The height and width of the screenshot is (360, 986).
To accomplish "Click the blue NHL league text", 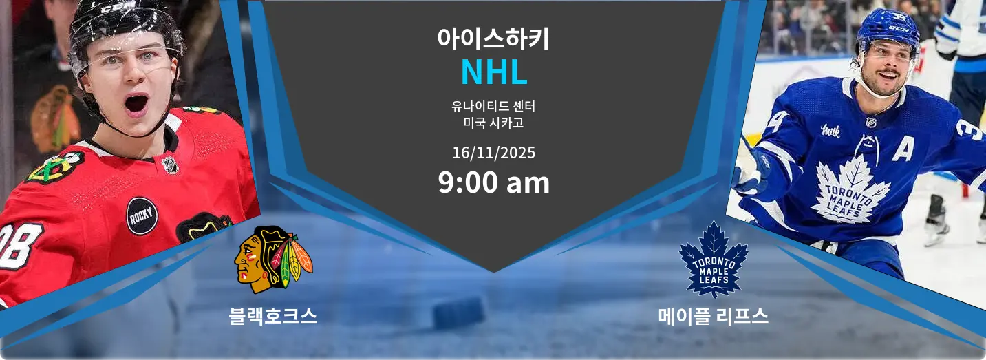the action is click(x=493, y=72).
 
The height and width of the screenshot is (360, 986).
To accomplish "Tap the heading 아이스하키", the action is click(x=493, y=39).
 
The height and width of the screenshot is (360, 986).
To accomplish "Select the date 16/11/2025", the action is click(x=493, y=153).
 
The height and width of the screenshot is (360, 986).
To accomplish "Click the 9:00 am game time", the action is click(x=493, y=182).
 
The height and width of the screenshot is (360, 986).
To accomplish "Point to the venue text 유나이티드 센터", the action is click(x=493, y=107).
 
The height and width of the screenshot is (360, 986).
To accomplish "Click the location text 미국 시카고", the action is click(x=493, y=123).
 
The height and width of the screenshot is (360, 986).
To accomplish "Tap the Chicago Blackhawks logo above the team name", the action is click(x=273, y=260).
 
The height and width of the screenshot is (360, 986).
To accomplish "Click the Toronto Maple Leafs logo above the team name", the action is click(x=714, y=260).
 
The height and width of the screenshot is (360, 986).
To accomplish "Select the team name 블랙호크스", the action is click(x=273, y=315).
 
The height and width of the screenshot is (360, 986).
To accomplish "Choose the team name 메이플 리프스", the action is click(x=713, y=316).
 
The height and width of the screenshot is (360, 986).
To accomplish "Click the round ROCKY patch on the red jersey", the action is click(x=142, y=215).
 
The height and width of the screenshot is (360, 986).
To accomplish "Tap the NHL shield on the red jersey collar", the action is click(x=170, y=165).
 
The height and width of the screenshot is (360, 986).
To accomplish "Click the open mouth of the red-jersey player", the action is click(x=136, y=105).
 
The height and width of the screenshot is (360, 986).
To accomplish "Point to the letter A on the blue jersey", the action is click(x=903, y=149).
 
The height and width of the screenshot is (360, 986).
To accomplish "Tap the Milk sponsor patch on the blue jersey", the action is click(x=830, y=130).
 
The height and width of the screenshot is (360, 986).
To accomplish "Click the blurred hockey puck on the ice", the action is click(x=459, y=313).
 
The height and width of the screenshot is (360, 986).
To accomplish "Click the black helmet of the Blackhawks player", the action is click(x=124, y=25).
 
